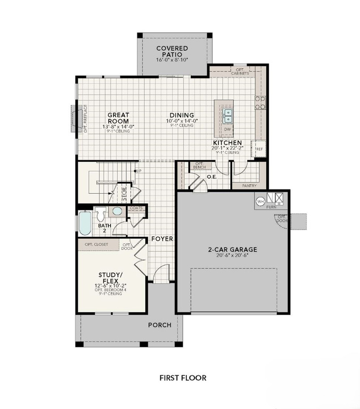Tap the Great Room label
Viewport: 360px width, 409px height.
[x=118, y=117]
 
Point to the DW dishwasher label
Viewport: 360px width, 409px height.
[x=227, y=129]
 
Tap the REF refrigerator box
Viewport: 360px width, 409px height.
[x=260, y=149]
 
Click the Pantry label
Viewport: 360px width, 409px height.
[x=249, y=186]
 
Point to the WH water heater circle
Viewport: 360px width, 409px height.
[x=260, y=202]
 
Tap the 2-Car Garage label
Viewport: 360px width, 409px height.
[x=233, y=249]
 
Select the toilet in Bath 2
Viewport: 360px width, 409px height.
[x=101, y=215]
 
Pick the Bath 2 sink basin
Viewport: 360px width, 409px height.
[x=117, y=211]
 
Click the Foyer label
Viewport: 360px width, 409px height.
[x=161, y=239]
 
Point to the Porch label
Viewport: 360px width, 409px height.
[x=160, y=325]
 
